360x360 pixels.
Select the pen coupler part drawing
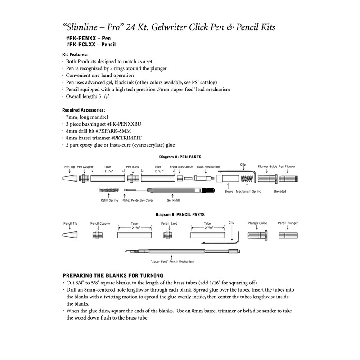83,179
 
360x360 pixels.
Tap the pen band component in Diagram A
132,179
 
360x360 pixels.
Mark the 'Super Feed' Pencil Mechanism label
172,261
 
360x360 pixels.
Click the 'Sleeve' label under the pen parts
229,191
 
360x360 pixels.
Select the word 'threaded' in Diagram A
280,191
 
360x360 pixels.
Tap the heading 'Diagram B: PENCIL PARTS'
179,215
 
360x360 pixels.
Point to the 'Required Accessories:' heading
84,110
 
